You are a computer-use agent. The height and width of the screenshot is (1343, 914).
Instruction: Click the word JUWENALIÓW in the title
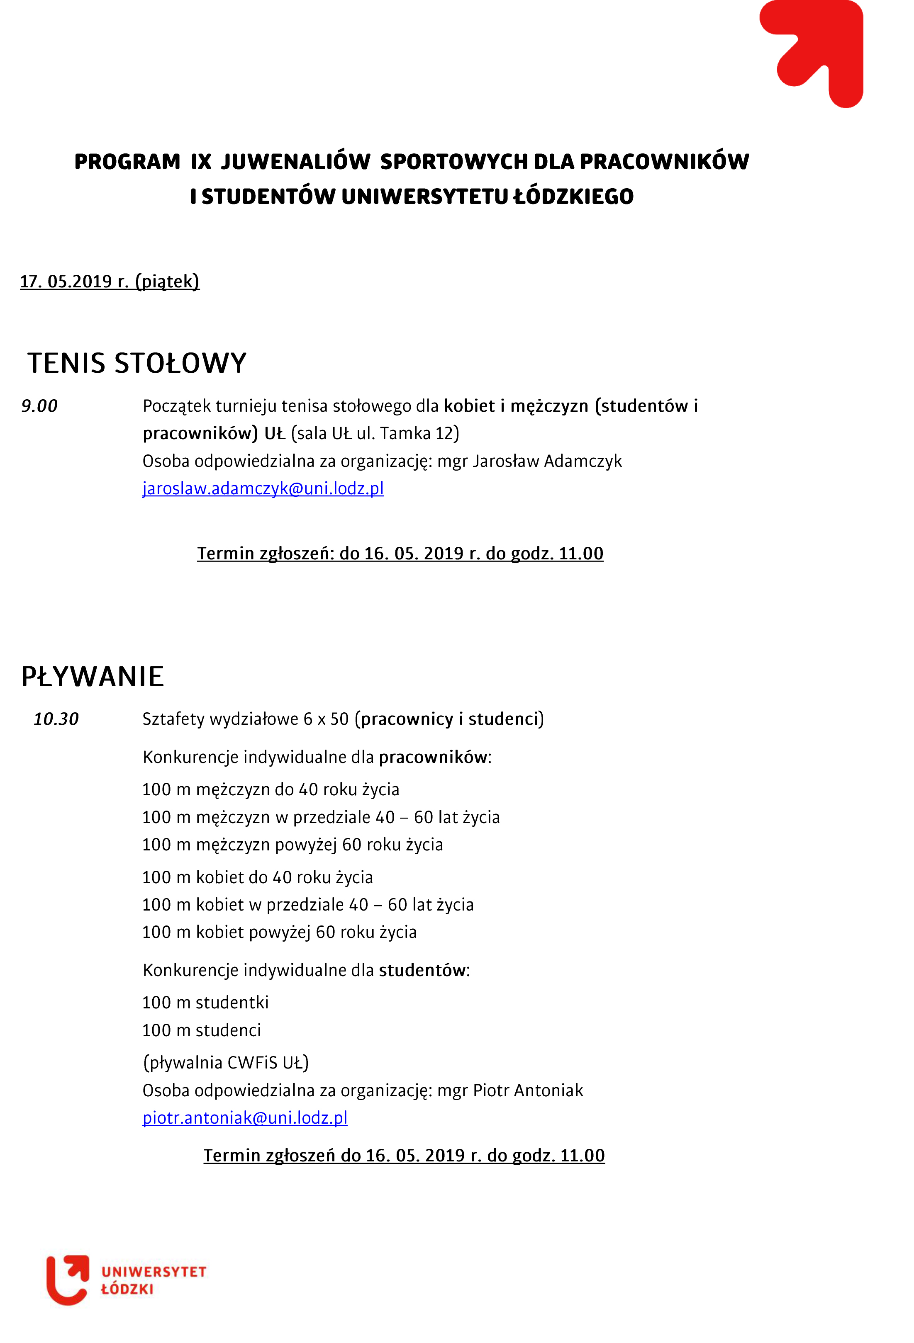(x=295, y=161)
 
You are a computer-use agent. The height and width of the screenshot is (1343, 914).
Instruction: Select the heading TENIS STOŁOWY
(x=137, y=363)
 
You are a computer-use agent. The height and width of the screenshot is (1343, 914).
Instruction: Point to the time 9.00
(x=39, y=406)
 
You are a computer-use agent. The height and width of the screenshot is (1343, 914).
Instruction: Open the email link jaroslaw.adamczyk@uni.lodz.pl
(x=263, y=488)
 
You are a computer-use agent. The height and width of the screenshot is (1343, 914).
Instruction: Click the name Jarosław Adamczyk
(x=547, y=461)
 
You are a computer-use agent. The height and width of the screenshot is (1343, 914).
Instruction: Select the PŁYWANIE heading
(x=93, y=676)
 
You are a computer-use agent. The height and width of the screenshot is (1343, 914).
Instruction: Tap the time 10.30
(x=56, y=719)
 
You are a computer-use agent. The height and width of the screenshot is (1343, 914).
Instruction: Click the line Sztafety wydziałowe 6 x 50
(x=246, y=719)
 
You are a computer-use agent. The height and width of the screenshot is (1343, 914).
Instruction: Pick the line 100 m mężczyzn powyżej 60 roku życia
(x=292, y=844)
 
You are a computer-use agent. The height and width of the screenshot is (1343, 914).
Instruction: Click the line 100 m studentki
(x=205, y=1002)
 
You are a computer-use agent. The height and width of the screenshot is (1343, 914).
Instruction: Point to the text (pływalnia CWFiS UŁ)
(x=225, y=1062)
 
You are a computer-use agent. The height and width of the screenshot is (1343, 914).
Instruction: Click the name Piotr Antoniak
(x=528, y=1090)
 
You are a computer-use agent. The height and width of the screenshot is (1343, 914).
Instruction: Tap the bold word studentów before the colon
(x=422, y=970)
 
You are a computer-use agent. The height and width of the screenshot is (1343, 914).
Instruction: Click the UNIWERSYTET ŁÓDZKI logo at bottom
(x=126, y=1280)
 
